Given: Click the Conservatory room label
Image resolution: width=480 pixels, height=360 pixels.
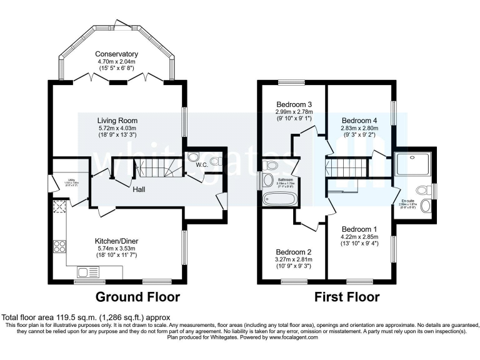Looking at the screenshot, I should click(x=117, y=54).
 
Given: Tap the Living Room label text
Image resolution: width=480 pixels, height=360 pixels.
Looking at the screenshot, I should click(x=117, y=121).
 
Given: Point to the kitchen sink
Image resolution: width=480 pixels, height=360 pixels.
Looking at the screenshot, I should click(x=87, y=272).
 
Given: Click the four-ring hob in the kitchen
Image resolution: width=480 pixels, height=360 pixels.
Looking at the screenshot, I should click(x=61, y=246).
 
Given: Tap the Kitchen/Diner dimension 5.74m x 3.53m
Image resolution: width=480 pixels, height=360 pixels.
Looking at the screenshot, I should click(x=116, y=248).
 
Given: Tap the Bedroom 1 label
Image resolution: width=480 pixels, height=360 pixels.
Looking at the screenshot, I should click(x=359, y=228).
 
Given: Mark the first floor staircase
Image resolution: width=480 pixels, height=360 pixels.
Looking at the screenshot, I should click(x=341, y=167).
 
